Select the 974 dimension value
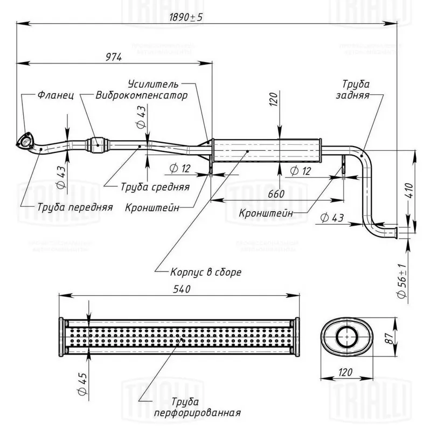coord(114,57)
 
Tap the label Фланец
coord(55,95)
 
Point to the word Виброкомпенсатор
coord(142,96)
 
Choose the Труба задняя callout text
coord(356,89)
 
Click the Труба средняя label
coord(155,187)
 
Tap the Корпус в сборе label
coord(205,272)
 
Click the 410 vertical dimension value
coord(411,191)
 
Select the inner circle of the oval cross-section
coord(345,338)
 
